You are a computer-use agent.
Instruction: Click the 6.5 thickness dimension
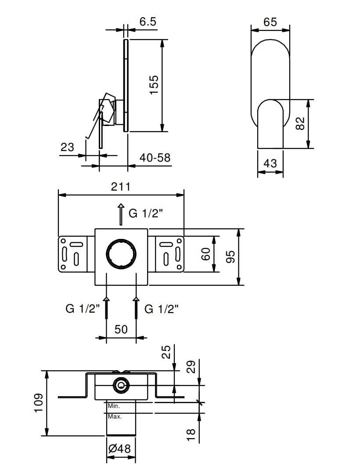148,22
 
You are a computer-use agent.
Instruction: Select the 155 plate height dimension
153,85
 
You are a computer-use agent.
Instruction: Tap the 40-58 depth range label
155,157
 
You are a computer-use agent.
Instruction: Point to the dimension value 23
68,147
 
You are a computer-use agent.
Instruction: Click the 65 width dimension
270,22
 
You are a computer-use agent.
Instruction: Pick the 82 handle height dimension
300,123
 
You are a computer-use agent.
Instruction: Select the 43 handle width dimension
270,163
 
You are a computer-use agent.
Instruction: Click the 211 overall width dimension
120,187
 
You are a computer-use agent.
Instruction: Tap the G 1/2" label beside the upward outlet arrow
145,214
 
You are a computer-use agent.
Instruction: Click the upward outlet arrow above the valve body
121,214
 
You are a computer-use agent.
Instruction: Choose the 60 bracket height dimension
206,254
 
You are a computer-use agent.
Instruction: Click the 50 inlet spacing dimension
121,329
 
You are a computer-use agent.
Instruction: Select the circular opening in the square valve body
121,253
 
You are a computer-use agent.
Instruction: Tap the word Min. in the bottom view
114,407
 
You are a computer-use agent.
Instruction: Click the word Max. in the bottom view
115,416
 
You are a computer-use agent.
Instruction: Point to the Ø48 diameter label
119,449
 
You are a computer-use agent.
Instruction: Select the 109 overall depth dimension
39,403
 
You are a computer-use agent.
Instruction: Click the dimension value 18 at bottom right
191,434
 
